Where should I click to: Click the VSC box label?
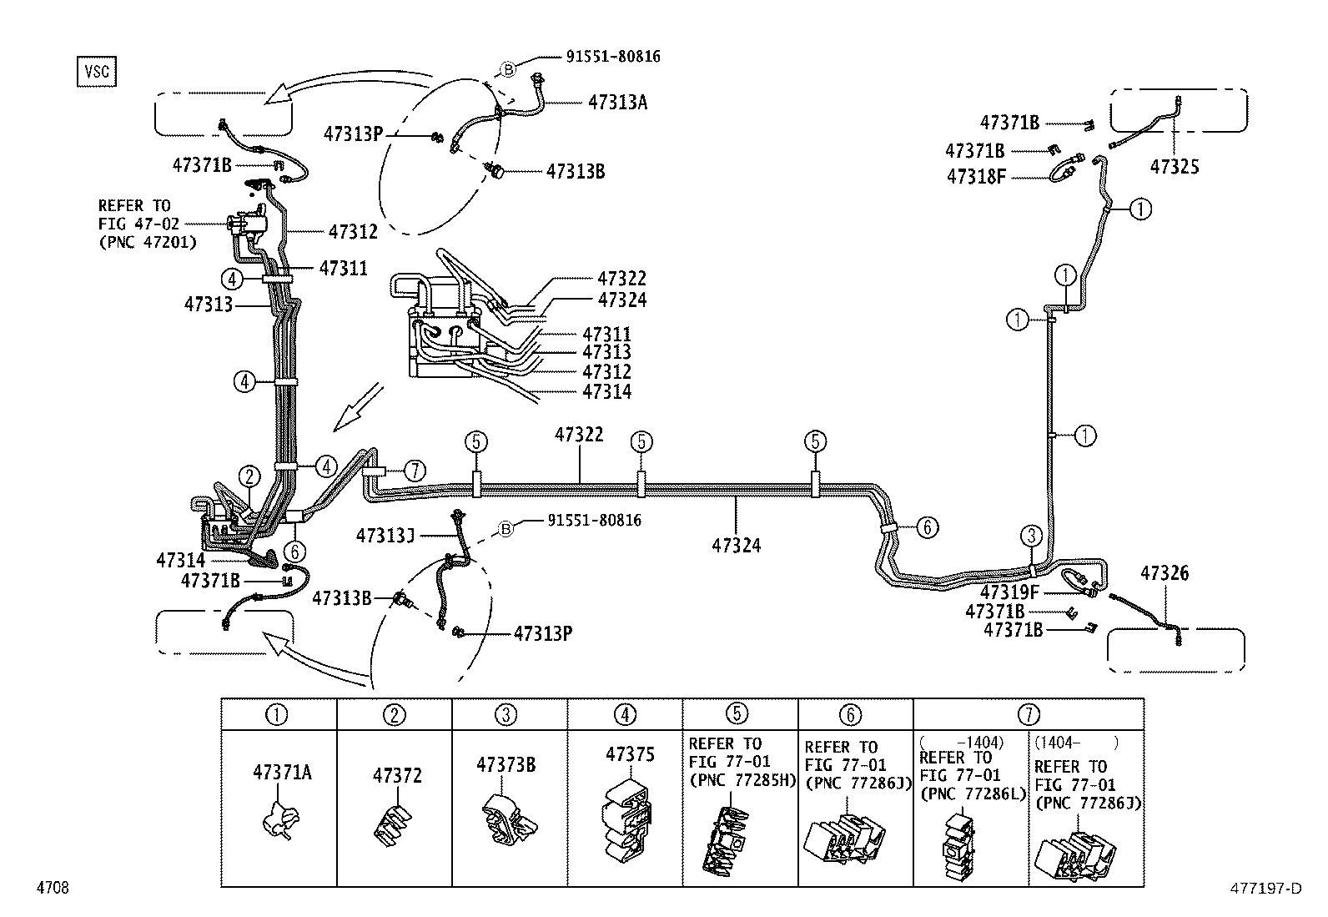[96, 72]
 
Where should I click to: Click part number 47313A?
[617, 103]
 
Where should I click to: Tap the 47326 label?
[1165, 573]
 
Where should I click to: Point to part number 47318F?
[974, 176]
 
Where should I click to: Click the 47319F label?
[1009, 592]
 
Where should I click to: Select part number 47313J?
[385, 535]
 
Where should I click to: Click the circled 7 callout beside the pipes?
[415, 471]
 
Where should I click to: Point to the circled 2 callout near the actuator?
[249, 476]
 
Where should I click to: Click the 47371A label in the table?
[282, 773]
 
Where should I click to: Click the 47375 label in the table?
[630, 754]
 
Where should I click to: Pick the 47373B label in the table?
[506, 764]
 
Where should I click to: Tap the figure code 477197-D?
[1265, 889]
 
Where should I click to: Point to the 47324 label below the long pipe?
[737, 546]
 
